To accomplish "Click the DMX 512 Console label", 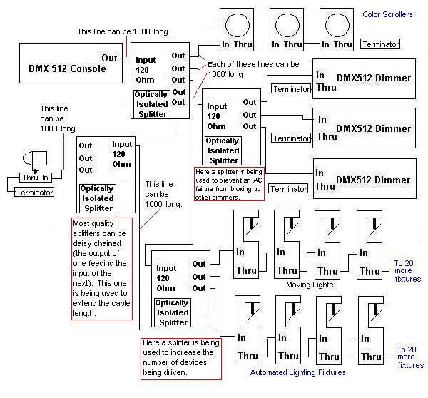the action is pyautogui.click(x=67, y=68).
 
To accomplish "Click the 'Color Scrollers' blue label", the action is pyautogui.click(x=387, y=14).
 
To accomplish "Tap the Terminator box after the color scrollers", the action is pyautogui.click(x=380, y=44).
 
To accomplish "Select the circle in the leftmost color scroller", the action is pyautogui.click(x=238, y=25).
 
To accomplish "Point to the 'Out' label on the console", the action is pyautogui.click(x=109, y=58).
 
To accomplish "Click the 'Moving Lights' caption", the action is pyautogui.click(x=310, y=285).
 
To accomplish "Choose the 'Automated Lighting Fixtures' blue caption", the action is pyautogui.click(x=297, y=372).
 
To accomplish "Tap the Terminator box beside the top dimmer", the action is pyautogui.click(x=291, y=89).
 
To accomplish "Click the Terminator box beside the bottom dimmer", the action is pyautogui.click(x=288, y=188).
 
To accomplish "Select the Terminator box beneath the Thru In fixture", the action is pyautogui.click(x=34, y=192).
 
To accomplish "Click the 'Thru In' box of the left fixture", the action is pyautogui.click(x=36, y=178).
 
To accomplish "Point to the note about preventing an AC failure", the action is pyautogui.click(x=229, y=184).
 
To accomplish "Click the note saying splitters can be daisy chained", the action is pyautogui.click(x=102, y=269).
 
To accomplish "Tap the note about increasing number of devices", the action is pyautogui.click(x=181, y=359).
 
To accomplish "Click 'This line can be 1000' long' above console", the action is pyautogui.click(x=123, y=31).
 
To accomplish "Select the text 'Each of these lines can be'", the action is pyautogui.click(x=253, y=64).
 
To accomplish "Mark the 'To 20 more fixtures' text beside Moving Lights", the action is pyautogui.click(x=407, y=271).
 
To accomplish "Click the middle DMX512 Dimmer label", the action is pyautogui.click(x=373, y=128).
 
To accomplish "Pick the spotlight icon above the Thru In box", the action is pyautogui.click(x=35, y=161).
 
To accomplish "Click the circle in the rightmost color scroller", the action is pyautogui.click(x=337, y=25).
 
